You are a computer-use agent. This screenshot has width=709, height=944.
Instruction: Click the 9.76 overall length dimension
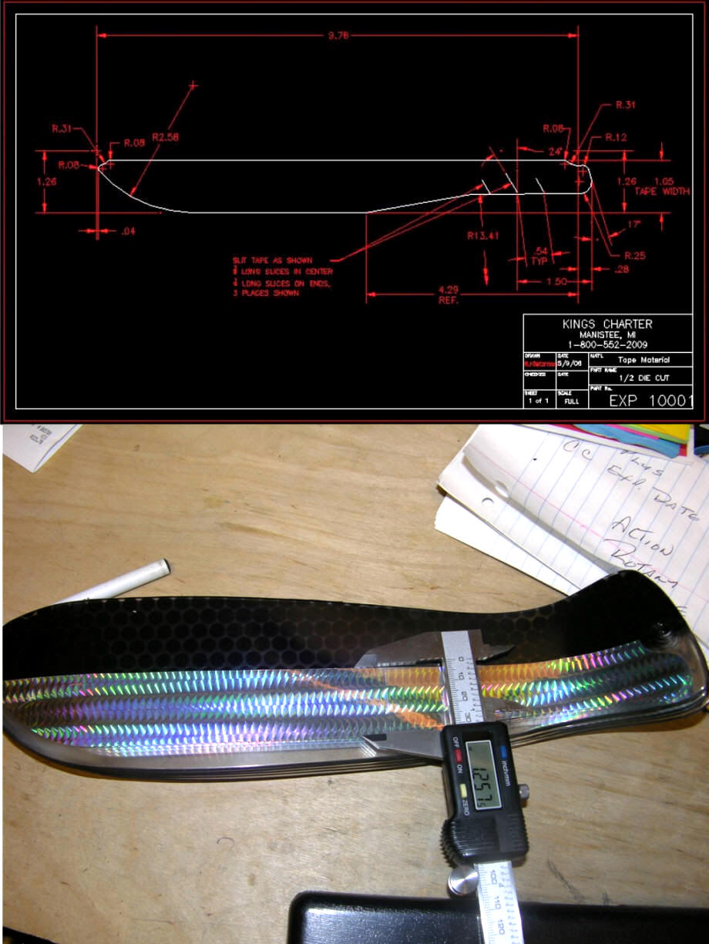[338, 35]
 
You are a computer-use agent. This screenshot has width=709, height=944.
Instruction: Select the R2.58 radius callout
[166, 137]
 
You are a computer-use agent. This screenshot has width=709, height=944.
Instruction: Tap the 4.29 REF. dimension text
[448, 294]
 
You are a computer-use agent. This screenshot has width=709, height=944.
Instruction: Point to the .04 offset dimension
[129, 230]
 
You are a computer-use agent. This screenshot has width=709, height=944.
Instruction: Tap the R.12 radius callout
[615, 137]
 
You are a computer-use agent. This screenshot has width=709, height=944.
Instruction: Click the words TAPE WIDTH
[662, 191]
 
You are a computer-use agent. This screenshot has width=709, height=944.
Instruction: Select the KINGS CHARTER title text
[607, 324]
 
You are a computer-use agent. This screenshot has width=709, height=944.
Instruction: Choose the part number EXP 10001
[650, 401]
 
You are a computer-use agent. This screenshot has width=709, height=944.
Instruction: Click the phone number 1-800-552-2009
[607, 344]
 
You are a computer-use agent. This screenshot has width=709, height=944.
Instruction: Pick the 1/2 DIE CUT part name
[644, 378]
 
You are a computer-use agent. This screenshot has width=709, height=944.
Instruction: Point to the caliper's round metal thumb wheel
[462, 879]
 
